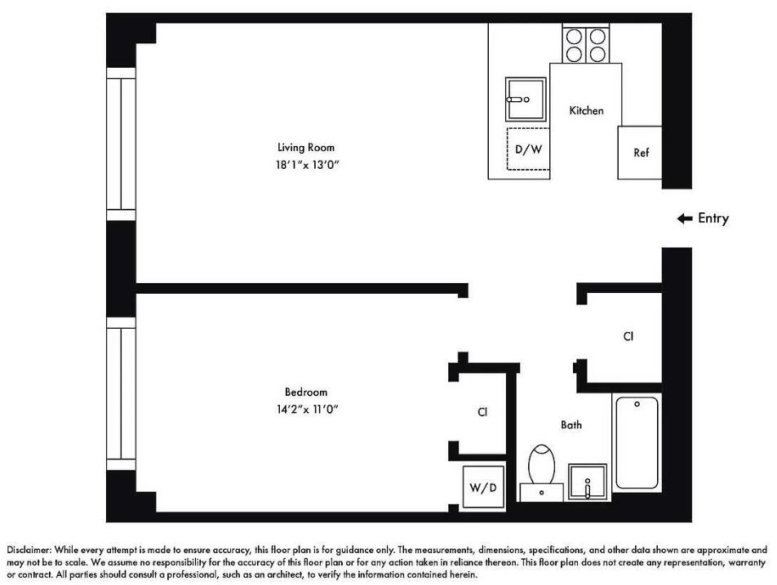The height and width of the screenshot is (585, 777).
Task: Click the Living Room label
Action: (306, 148)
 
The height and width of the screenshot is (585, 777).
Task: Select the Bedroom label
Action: (306, 392)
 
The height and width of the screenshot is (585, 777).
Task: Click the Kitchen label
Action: (586, 110)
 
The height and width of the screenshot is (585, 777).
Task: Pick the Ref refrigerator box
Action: (641, 153)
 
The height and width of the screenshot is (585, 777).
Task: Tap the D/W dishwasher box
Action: (527, 149)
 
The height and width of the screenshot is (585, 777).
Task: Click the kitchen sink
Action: (526, 99)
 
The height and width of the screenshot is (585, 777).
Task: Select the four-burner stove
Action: (586, 44)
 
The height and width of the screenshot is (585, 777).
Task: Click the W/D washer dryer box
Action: (481, 488)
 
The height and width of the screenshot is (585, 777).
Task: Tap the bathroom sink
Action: (588, 484)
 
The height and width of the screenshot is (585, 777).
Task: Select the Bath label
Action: (571, 425)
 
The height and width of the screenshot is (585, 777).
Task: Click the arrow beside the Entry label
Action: (684, 219)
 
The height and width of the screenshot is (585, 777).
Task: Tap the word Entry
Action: (713, 219)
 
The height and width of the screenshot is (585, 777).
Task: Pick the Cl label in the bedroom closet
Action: (482, 413)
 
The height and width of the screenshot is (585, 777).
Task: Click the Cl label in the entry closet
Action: (628, 336)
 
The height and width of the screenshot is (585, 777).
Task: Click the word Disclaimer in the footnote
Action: (29, 551)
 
